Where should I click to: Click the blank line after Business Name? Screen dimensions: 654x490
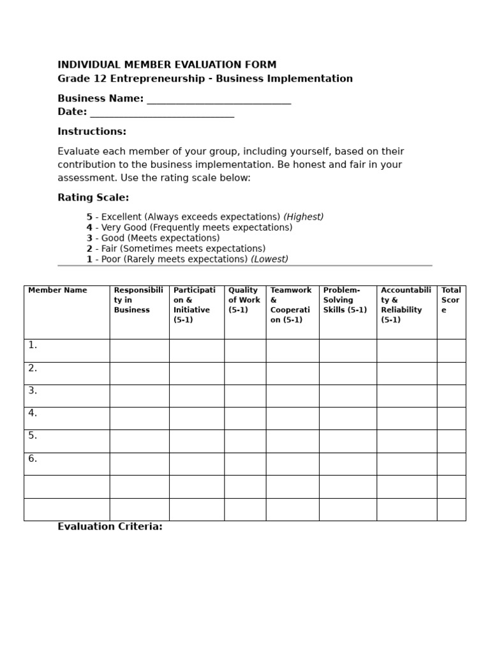click(219, 100)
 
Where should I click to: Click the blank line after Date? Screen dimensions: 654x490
click(162, 113)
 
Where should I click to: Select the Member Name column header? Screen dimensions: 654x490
click(57, 291)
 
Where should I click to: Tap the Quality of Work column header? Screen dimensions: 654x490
click(244, 300)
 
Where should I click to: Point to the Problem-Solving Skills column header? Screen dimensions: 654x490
click(345, 300)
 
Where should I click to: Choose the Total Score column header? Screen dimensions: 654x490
click(450, 300)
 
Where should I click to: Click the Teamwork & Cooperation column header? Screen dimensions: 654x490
click(291, 305)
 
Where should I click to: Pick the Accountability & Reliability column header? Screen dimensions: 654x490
click(406, 305)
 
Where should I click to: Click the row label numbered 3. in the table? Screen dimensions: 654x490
click(33, 391)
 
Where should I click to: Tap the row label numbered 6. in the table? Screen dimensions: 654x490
click(33, 459)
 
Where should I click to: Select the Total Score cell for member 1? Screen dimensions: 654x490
click(451, 351)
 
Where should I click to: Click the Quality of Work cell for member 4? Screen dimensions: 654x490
click(245, 418)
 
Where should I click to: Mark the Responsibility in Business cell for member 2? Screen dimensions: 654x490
click(139, 373)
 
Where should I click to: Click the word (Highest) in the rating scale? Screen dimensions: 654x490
click(303, 217)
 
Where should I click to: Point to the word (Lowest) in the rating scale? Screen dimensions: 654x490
click(269, 259)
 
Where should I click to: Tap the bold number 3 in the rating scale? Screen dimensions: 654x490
click(89, 238)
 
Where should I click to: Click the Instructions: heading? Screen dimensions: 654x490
click(92, 132)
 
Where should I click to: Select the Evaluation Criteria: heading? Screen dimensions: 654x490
click(110, 527)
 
